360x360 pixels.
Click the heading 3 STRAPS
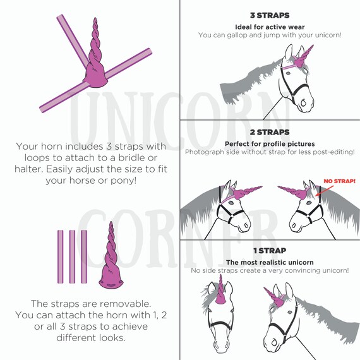(x=270, y=15)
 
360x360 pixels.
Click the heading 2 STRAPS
(x=270, y=132)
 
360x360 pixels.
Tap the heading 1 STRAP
(x=270, y=251)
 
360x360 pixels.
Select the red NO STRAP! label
(x=340, y=181)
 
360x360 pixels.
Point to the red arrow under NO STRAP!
(x=325, y=191)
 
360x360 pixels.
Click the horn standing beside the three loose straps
(x=111, y=255)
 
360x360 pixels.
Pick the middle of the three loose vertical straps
(x=72, y=256)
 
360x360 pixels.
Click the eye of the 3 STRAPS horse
(x=288, y=73)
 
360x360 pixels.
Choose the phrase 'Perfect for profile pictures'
(x=270, y=144)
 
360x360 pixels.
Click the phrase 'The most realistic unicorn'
(x=270, y=262)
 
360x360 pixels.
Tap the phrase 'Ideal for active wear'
(x=270, y=27)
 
